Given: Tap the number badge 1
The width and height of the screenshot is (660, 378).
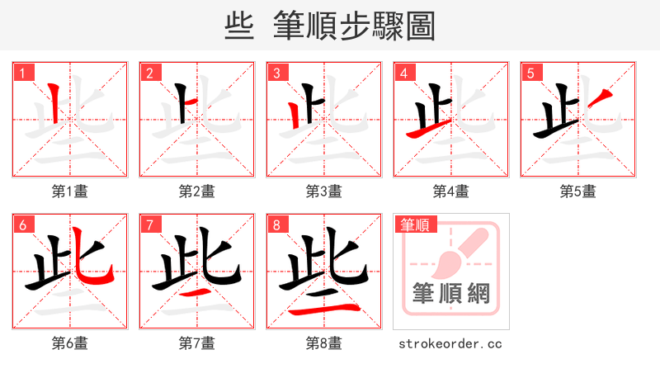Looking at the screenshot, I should (22, 73).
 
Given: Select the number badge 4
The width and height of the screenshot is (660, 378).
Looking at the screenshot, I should (403, 73).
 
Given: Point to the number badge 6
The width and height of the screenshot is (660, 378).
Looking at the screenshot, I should (22, 224).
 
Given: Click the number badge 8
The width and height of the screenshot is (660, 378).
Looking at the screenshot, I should (276, 224).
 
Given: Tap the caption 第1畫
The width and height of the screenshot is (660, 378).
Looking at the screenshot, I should (69, 191).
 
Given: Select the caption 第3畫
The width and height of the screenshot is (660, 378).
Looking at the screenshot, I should (323, 191).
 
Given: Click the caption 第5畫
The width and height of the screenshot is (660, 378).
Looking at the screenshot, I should (577, 191).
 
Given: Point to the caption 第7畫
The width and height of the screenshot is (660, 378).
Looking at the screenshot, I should (196, 343).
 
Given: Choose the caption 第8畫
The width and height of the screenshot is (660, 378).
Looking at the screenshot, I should (323, 343).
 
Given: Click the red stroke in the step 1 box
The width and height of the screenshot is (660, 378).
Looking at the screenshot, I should (54, 104).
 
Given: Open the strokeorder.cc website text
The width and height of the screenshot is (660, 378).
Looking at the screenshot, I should (450, 343).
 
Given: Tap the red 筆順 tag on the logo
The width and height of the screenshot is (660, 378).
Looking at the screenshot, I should (416, 224).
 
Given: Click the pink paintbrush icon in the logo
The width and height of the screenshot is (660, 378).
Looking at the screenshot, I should (458, 252).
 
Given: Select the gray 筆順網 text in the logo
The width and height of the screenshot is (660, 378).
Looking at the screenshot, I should (450, 294).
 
